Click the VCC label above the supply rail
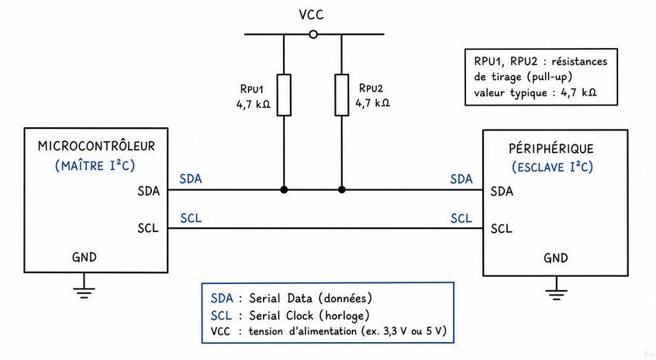point(311,15)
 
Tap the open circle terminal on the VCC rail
point(313,34)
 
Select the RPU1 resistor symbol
point(284,95)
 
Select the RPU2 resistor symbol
point(342,95)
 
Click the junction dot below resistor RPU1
point(284,189)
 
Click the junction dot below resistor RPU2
point(342,189)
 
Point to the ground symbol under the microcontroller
point(84,292)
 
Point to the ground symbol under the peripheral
point(557,294)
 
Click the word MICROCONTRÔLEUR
point(96,146)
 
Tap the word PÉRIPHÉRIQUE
point(551,148)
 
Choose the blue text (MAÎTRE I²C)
point(95,166)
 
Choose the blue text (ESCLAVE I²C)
point(552,167)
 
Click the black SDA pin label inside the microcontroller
point(149,192)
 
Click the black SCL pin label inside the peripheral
point(501,229)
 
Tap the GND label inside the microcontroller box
point(84,257)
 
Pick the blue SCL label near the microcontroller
point(191,218)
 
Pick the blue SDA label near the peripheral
point(461,179)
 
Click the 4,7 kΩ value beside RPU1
point(254,104)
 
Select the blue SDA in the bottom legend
point(222,298)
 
